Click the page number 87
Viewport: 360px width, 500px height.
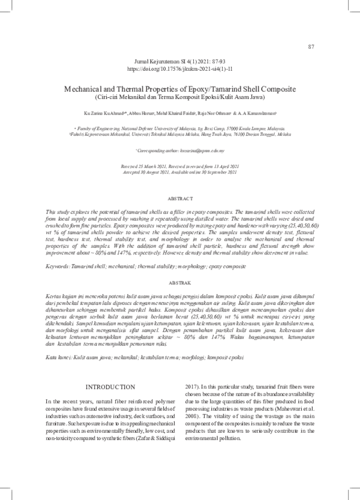point(311,47)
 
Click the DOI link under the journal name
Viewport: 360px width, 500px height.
point(179,70)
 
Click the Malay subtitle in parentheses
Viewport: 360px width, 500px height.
point(179,97)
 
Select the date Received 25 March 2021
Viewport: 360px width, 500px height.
point(143,166)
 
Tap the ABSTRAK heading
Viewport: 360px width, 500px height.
point(179,282)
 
